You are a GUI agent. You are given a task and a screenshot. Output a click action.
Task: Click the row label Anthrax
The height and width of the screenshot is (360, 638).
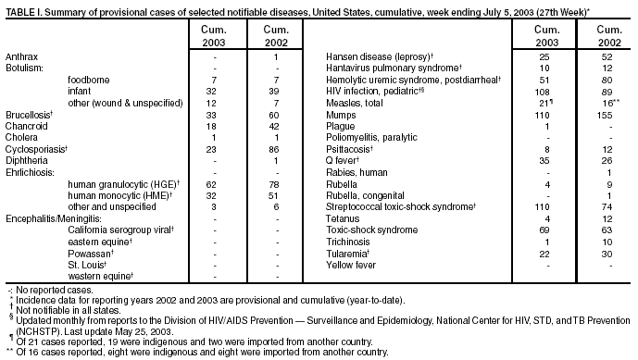click(x=20, y=57)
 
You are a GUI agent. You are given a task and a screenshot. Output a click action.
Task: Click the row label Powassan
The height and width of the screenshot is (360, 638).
click(x=88, y=251)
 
